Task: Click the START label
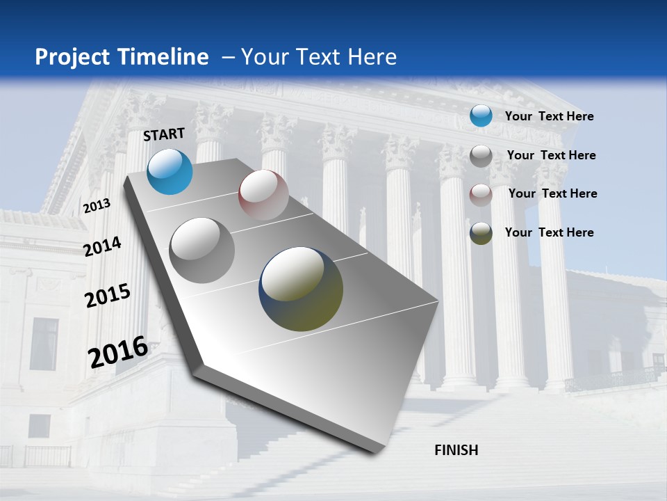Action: click(x=164, y=134)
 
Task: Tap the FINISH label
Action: click(x=456, y=450)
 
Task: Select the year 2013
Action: click(x=97, y=205)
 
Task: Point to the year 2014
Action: click(x=102, y=246)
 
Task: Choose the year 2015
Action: click(x=108, y=296)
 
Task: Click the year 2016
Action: click(x=118, y=352)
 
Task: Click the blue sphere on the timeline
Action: click(x=170, y=171)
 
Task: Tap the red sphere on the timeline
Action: click(x=263, y=195)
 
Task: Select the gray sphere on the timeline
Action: click(x=202, y=250)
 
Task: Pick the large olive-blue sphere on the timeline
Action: click(x=301, y=289)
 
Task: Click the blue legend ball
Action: click(x=481, y=116)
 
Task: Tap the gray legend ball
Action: click(x=481, y=156)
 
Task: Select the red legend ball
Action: click(x=481, y=195)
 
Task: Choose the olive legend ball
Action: click(x=481, y=233)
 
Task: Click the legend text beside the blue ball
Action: click(x=549, y=117)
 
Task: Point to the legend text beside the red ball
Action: click(x=552, y=193)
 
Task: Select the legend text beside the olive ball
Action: click(x=549, y=232)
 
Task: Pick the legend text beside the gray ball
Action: click(x=551, y=155)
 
